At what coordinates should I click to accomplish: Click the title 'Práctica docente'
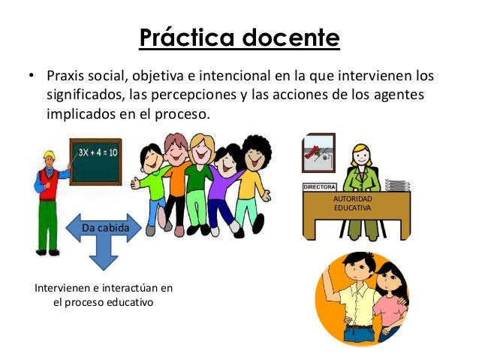[x=239, y=38]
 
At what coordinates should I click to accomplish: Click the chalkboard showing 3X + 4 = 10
[x=95, y=161]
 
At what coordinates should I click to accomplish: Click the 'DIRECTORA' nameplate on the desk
[x=318, y=186]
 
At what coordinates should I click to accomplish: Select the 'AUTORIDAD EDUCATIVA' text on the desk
[x=353, y=203]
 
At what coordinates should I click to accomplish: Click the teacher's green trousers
[x=48, y=225]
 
